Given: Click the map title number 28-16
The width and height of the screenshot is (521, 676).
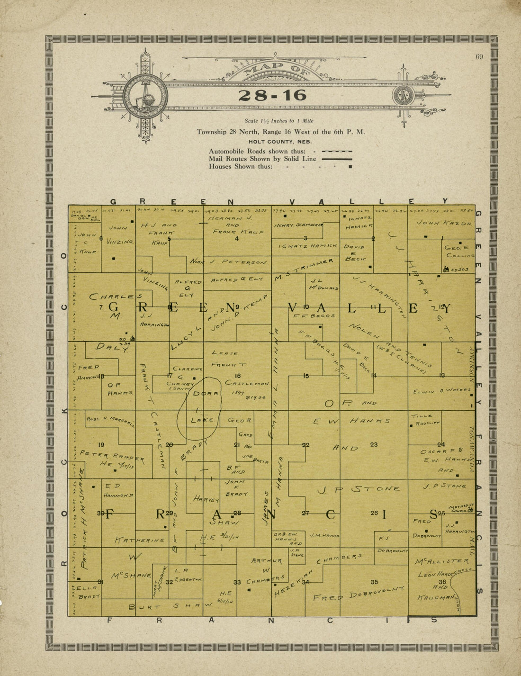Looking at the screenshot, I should [x=272, y=95].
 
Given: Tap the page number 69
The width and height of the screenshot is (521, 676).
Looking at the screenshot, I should [x=479, y=57].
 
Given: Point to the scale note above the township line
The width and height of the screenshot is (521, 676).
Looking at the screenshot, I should [x=279, y=121].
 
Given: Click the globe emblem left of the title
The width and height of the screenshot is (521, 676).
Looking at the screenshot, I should [x=145, y=96].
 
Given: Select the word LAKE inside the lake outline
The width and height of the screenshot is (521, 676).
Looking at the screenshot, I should [x=203, y=420].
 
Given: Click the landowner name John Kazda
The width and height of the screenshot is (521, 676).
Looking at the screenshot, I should [x=444, y=223].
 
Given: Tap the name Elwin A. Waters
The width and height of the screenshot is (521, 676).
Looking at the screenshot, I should [x=442, y=391].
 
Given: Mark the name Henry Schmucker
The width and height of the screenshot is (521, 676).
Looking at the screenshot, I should [x=298, y=225].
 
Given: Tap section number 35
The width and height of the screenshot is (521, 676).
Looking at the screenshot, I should [x=374, y=582].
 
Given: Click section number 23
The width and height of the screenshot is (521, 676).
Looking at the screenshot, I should [x=374, y=444].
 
